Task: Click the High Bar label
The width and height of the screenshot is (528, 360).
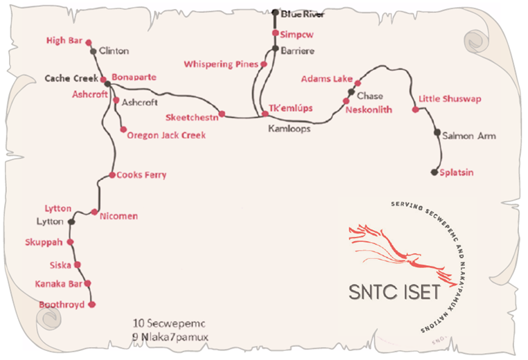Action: [65, 41]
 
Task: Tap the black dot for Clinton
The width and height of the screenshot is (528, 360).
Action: [93, 51]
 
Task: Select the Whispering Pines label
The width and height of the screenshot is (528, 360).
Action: [220, 64]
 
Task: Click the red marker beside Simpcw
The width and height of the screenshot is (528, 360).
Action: [275, 33]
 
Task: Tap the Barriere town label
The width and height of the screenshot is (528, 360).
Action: [297, 51]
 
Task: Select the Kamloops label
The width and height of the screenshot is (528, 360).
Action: [288, 129]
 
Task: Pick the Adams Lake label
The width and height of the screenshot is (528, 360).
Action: [327, 79]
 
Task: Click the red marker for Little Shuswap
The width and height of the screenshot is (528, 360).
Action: [415, 109]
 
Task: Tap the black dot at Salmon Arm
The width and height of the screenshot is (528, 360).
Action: [437, 132]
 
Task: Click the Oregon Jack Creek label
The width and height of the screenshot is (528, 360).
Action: [166, 136]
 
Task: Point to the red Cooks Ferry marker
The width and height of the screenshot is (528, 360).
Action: [112, 175]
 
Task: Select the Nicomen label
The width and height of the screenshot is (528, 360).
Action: [118, 216]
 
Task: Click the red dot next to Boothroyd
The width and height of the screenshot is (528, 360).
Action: [93, 304]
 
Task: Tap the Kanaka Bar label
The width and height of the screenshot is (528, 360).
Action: [58, 284]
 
